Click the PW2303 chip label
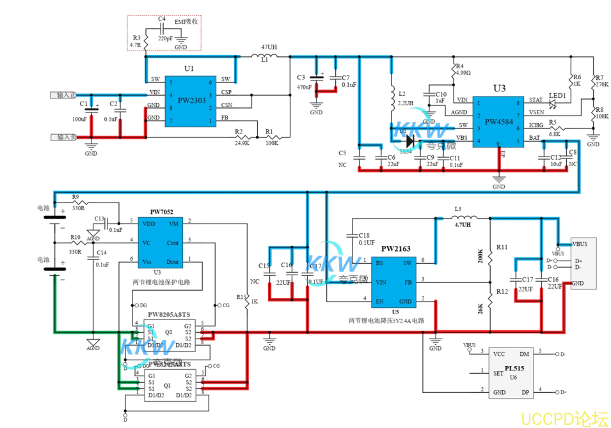[191, 100]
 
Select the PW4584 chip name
[499, 121]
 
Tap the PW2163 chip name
[395, 248]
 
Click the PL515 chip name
[513, 369]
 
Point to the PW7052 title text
[161, 212]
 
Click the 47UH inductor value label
[269, 48]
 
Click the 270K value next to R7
[601, 84]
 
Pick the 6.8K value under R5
[554, 134]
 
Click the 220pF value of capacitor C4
[164, 38]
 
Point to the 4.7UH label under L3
[463, 224]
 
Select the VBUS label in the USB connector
[580, 244]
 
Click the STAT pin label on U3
[536, 100]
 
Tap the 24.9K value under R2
[241, 143]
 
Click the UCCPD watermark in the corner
[564, 419]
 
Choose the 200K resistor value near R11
[481, 256]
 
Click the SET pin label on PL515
[498, 374]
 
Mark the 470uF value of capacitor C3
[304, 87]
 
